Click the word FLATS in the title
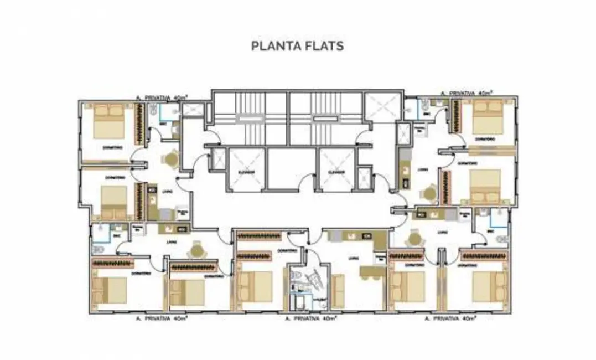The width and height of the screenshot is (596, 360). click(323, 45)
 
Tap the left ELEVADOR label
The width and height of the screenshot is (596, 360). click(247, 172)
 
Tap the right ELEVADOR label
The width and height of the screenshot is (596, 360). click(336, 172)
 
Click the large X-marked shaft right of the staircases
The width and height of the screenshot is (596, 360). click(382, 108)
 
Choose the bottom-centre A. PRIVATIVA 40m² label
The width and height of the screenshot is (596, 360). click(311, 319)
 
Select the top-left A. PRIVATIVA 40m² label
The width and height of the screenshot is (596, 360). click(162, 97)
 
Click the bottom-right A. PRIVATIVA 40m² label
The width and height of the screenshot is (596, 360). click(450, 319)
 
